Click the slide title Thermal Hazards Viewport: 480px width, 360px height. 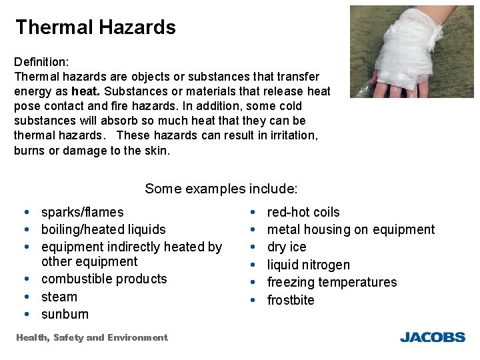[x=95, y=27]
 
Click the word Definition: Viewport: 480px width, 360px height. [x=41, y=61]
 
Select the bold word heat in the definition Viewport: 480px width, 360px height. [x=84, y=91]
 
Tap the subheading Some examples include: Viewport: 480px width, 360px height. [x=221, y=189]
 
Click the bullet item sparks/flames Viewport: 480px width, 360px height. [x=82, y=213]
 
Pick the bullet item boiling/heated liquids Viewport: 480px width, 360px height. [x=103, y=229]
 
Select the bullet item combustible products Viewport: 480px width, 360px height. [x=104, y=279]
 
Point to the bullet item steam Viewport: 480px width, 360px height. [x=59, y=297]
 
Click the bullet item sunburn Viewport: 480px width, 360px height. [x=65, y=314]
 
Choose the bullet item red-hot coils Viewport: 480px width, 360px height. [x=303, y=213]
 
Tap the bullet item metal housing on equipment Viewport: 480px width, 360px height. [x=350, y=230]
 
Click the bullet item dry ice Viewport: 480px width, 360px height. [x=287, y=247]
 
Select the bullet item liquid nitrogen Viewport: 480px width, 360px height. [x=308, y=265]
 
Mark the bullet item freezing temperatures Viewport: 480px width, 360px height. [x=331, y=283]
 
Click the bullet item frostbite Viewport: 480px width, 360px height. [x=290, y=300]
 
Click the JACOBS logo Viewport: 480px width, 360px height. [x=432, y=337]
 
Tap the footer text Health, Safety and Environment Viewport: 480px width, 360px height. [x=91, y=338]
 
